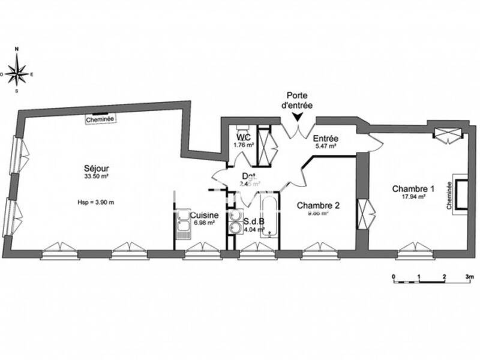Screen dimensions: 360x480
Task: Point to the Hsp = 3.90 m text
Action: (95, 202)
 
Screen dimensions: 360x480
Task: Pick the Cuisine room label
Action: (204, 215)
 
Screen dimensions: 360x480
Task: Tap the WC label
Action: (244, 137)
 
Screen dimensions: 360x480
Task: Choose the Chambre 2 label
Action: (319, 205)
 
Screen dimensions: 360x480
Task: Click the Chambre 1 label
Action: (413, 188)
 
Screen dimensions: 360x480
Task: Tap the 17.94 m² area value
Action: (413, 196)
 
